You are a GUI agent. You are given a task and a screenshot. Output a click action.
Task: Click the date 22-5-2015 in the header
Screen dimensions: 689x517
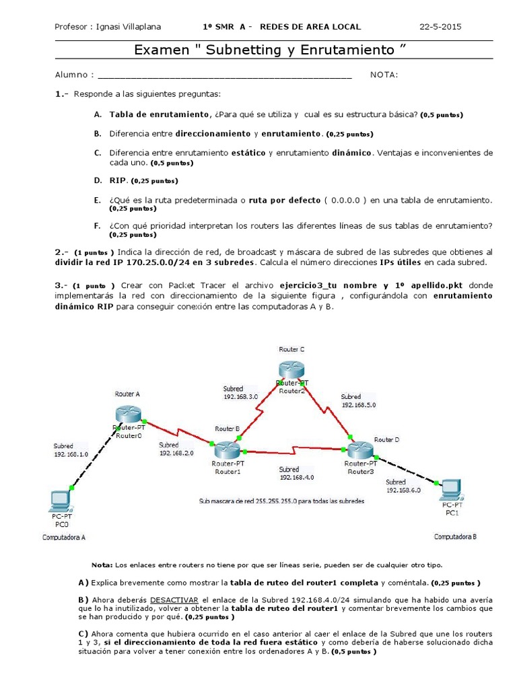(x=440, y=27)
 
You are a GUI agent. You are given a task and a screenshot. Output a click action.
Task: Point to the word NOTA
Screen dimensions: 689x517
(x=384, y=75)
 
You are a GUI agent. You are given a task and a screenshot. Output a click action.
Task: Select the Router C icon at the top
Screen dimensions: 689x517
(x=291, y=369)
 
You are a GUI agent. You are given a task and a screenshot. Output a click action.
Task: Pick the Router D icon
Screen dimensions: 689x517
(x=359, y=449)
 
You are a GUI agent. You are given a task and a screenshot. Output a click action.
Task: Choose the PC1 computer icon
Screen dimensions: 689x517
(x=450, y=488)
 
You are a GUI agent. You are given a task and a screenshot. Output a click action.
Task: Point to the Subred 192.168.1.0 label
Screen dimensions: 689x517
(x=71, y=449)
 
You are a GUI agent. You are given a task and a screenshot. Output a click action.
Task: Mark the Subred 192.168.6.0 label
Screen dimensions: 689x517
(x=403, y=486)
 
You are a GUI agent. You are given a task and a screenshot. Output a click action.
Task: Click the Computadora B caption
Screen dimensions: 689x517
(x=455, y=536)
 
